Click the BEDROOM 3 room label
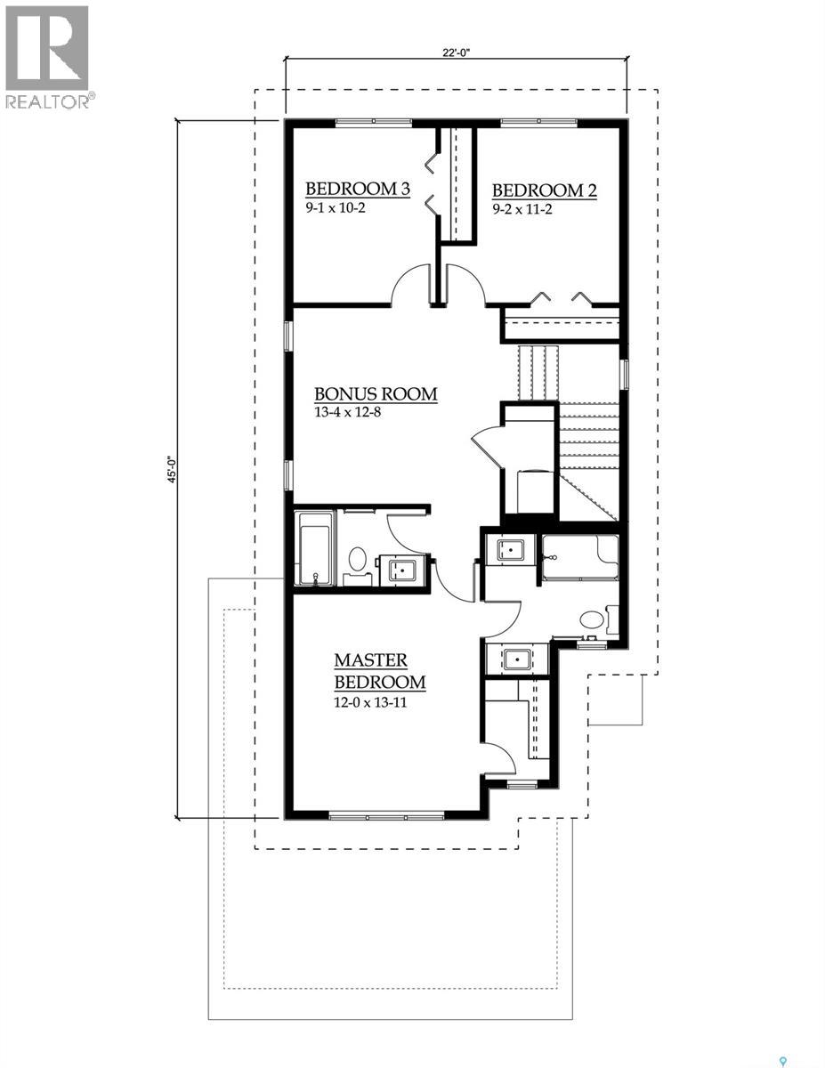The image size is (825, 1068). pyautogui.click(x=358, y=189)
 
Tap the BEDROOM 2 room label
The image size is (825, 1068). pyautogui.click(x=544, y=190)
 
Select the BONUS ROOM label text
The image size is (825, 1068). pyautogui.click(x=376, y=393)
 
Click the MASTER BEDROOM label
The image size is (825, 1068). pyautogui.click(x=379, y=672)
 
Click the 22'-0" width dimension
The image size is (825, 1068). pyautogui.click(x=454, y=53)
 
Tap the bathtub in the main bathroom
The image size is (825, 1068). pyautogui.click(x=313, y=548)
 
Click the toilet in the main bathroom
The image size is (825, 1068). pyautogui.click(x=358, y=560)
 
